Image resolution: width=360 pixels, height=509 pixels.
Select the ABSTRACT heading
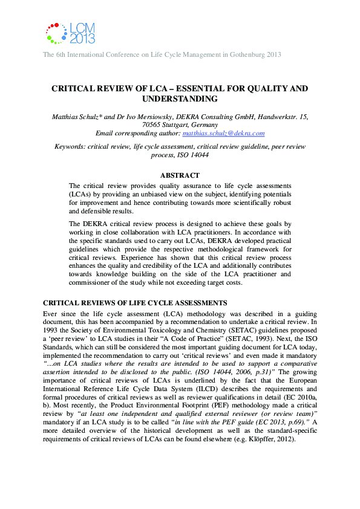(x=180, y=175)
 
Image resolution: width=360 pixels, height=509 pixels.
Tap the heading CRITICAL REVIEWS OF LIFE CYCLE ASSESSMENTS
(x=135, y=302)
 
